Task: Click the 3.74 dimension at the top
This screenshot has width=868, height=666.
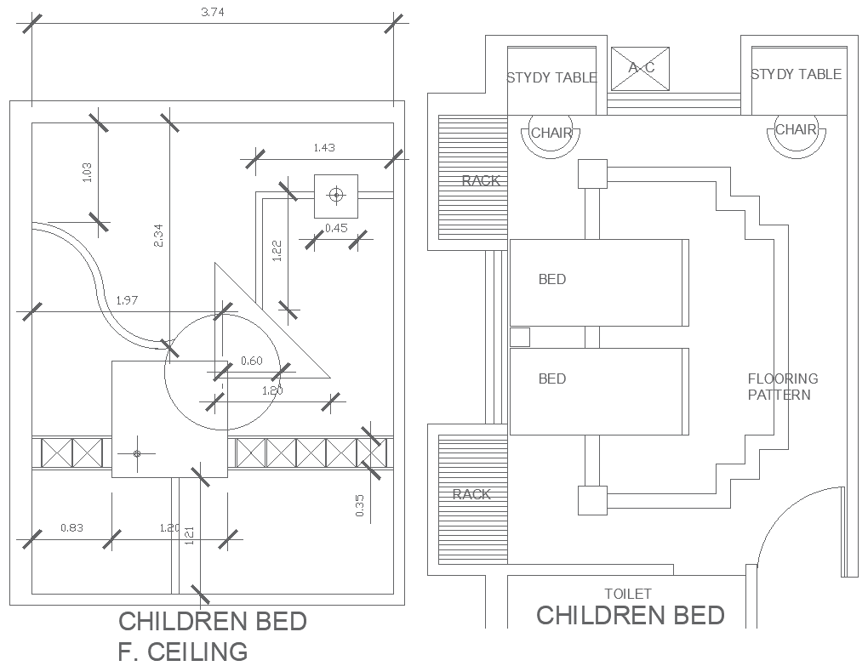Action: point(214,11)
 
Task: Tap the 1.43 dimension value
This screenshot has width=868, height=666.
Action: point(324,147)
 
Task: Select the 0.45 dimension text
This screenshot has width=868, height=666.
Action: point(337,227)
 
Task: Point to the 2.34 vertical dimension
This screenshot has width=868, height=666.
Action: point(157,235)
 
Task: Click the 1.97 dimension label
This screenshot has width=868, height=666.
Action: point(127,300)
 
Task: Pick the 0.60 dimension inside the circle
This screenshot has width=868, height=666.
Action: point(251,361)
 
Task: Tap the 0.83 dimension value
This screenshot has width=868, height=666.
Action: point(72,528)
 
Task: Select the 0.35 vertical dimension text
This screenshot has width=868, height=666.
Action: point(360,505)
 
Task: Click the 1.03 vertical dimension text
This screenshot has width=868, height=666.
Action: point(86,172)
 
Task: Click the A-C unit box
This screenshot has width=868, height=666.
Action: point(640,67)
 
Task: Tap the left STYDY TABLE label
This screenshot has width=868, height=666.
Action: point(551,77)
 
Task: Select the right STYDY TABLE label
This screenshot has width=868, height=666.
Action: point(796,75)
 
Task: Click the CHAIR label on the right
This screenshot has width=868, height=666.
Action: point(796,130)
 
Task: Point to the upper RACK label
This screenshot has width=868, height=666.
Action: point(481,181)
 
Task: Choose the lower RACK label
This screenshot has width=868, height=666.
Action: point(471,494)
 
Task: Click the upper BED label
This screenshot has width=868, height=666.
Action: point(551,279)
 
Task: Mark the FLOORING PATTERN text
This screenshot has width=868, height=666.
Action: point(782,386)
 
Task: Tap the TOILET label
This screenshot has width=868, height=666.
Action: point(627,594)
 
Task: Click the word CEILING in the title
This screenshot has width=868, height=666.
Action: point(198,652)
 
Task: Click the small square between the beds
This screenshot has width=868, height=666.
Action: point(520,337)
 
